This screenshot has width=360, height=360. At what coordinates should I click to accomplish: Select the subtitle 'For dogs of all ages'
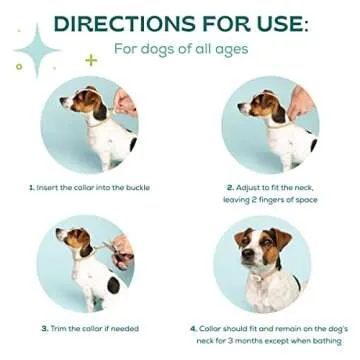(181, 48)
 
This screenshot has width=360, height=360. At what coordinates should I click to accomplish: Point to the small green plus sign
(92, 60)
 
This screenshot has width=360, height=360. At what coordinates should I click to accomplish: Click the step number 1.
(31, 187)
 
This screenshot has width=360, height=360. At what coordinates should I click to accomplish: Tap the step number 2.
(229, 187)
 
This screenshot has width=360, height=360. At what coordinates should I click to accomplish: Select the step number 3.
(44, 328)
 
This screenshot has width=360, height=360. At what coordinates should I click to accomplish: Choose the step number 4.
(193, 327)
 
